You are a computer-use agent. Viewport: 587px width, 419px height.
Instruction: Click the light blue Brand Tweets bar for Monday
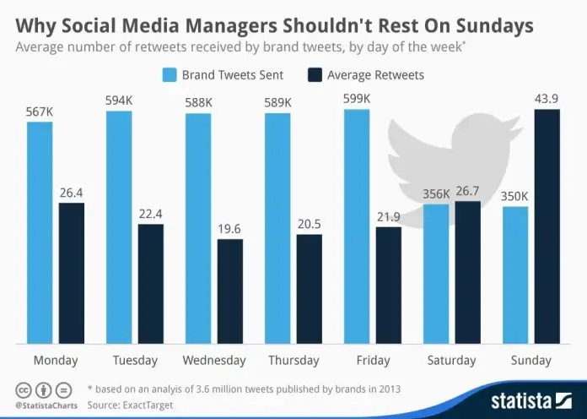pos(40,232)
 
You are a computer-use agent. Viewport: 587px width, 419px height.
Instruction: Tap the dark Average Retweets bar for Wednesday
pos(230,291)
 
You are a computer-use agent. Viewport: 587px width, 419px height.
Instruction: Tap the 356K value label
pos(436,193)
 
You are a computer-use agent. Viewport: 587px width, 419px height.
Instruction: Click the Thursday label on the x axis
pos(293,361)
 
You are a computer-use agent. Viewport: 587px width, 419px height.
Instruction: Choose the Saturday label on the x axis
pos(452,361)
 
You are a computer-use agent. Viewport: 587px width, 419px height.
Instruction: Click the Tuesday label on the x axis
pos(135,361)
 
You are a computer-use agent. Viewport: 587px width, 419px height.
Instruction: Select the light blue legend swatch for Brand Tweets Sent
pos(168,75)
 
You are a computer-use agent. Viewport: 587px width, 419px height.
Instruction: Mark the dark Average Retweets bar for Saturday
pos(468,272)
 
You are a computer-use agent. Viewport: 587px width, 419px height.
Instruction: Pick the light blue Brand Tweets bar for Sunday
pos(515,275)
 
